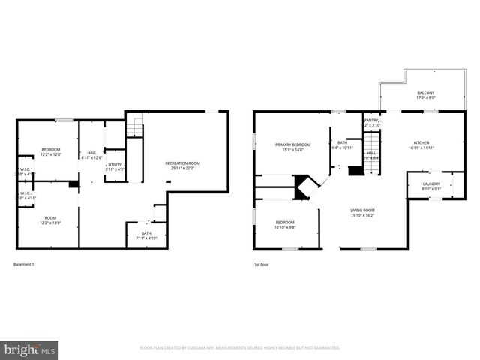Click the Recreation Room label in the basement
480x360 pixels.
point(182,165)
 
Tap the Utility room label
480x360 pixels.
point(115,166)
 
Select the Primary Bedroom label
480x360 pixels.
point(292,147)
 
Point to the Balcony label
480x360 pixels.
point(425,95)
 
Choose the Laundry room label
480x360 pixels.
point(431,186)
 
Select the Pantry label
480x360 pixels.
point(371,122)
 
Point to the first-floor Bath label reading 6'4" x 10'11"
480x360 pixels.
point(342,145)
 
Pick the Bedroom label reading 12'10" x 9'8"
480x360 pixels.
point(285,224)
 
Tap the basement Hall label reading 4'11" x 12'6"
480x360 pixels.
point(91,154)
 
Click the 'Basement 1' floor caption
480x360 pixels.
point(24,265)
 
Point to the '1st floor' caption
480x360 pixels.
point(261,265)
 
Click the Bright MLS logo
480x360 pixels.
point(30,349)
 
